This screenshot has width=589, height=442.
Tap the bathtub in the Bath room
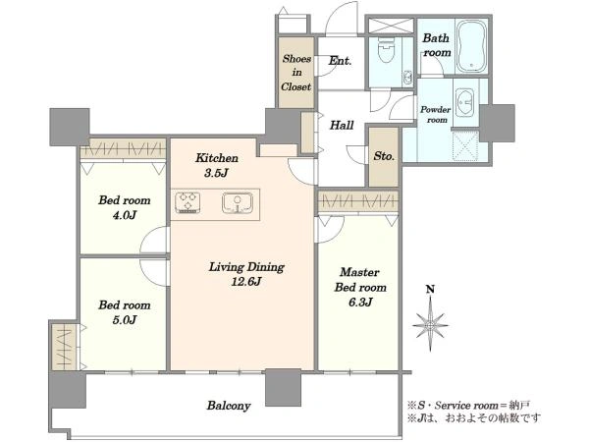click(x=471, y=46)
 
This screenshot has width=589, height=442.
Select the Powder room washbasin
click(x=466, y=102)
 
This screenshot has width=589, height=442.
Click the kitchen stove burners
click(x=187, y=202)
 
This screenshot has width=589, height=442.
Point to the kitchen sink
click(x=236, y=203)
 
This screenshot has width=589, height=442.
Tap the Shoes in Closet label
click(x=296, y=73)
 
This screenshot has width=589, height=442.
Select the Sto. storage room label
click(x=384, y=156)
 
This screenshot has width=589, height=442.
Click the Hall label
click(x=342, y=125)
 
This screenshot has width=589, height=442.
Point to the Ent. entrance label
click(x=340, y=61)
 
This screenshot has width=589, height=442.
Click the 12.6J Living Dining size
click(x=246, y=282)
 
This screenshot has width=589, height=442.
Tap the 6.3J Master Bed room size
click(x=360, y=302)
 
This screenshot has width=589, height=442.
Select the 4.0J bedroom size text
click(x=125, y=215)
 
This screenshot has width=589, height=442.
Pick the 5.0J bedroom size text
click(x=125, y=320)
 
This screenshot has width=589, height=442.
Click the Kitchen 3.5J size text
click(x=217, y=173)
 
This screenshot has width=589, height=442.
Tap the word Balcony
click(x=229, y=406)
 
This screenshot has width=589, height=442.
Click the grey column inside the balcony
click(x=283, y=387)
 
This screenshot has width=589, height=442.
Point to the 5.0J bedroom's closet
click(x=64, y=347)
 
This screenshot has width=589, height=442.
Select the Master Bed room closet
click(x=357, y=202)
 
